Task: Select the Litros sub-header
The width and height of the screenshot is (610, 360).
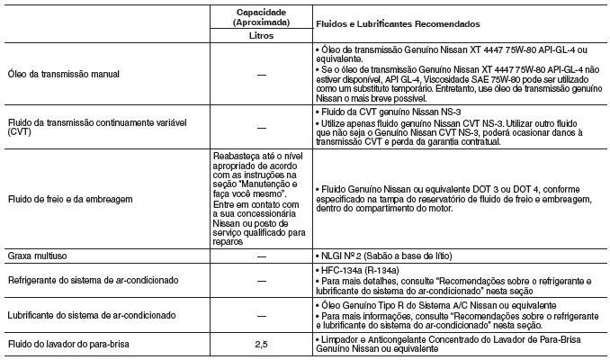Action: (259, 38)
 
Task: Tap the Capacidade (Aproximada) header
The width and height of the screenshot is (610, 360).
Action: (259, 16)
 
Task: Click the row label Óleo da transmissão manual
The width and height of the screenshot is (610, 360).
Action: (60, 71)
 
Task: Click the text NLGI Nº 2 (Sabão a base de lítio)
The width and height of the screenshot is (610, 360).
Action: (387, 256)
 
